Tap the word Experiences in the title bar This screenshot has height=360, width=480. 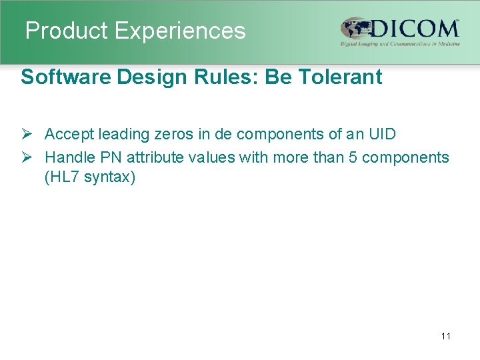coord(180,31)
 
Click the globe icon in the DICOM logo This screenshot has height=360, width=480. coord(353,29)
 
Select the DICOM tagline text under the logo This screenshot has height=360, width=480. coord(400,43)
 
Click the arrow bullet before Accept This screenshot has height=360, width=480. coord(27,134)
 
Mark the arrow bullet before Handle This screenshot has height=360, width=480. coord(27,157)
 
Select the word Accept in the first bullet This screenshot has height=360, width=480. coord(69,134)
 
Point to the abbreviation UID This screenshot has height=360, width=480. coord(381,134)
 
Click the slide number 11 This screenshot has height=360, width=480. coord(445,336)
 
